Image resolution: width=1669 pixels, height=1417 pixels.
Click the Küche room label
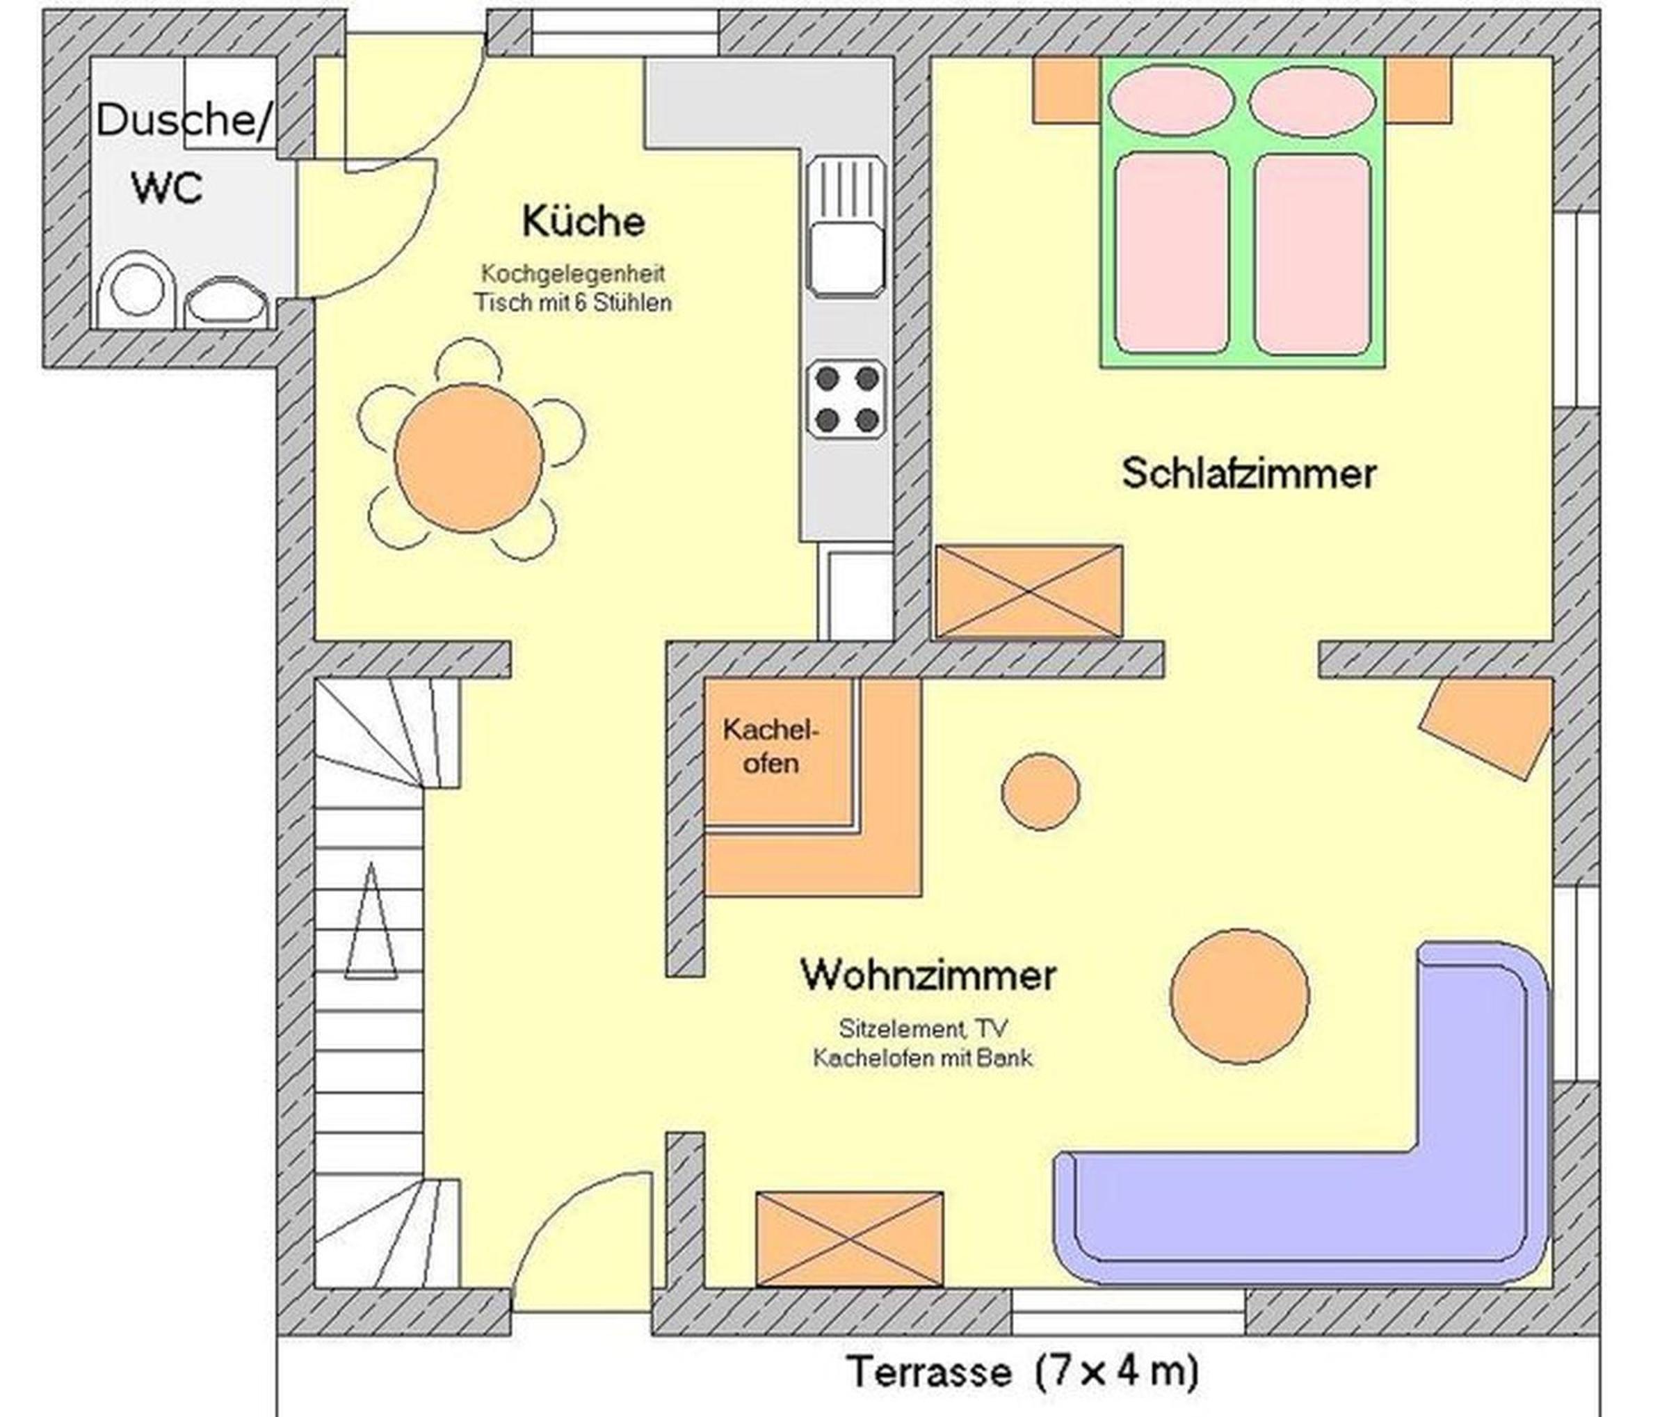coord(583,221)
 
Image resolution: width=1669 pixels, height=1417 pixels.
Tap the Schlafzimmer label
coord(1248,473)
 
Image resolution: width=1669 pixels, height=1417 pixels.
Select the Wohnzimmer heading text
coord(928,975)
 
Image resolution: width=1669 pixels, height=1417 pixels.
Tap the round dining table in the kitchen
coord(469,458)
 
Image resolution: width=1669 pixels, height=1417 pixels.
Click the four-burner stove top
coord(846,399)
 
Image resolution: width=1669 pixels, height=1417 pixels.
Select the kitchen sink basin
coord(846,260)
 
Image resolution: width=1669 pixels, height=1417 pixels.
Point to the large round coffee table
coord(1239,997)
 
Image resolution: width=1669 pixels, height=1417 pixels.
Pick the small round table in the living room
coord(1040,791)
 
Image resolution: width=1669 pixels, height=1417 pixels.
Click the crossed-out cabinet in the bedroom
coord(1029,591)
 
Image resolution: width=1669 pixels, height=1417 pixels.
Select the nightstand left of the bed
coord(1067,90)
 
